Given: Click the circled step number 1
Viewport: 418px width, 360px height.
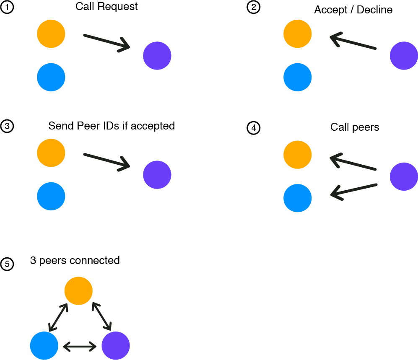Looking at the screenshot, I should click(8, 8).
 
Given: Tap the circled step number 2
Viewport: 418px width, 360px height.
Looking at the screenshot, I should click(254, 8).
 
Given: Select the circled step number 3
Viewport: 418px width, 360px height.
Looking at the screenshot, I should click(8, 127).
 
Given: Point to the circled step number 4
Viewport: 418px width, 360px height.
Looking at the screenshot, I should click(254, 128).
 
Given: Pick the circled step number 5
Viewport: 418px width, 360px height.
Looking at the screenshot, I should click(8, 264).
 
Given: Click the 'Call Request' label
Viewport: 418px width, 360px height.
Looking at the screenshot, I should click(106, 7).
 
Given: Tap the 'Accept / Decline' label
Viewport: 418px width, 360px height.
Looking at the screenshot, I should click(353, 10).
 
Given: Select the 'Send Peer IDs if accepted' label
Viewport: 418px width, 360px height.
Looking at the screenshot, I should click(111, 126).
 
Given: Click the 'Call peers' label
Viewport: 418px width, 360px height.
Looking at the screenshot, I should click(354, 127).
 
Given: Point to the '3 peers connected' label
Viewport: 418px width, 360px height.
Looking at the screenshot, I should click(75, 261).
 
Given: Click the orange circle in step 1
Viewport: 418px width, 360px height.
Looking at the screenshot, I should click(51, 34).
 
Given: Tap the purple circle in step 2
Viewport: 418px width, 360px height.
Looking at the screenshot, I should click(404, 56).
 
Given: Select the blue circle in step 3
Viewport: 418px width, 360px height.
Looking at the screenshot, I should click(51, 196).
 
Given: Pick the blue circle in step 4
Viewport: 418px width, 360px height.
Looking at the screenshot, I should click(298, 198).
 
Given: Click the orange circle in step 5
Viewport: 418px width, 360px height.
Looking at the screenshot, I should click(78, 290).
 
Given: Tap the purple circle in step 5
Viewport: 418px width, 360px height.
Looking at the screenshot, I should click(116, 345).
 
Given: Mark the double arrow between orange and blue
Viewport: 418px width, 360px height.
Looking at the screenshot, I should click(58, 317).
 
